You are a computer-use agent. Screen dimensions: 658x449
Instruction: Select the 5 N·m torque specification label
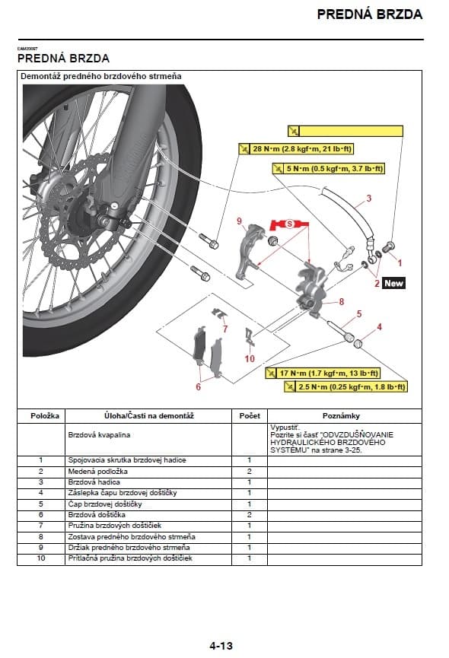tap(327, 168)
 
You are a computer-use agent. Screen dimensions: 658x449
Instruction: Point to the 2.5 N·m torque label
tap(344, 387)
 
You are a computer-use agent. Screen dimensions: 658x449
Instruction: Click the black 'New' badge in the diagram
tap(393, 283)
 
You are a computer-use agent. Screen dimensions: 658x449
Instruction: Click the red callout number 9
tap(239, 221)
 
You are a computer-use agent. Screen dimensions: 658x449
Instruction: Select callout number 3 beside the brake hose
tap(368, 199)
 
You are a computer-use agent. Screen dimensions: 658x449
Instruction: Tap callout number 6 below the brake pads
tap(199, 386)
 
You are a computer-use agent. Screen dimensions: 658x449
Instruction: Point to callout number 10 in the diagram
tap(250, 358)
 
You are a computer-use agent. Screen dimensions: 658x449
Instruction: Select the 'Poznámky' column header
tap(341, 416)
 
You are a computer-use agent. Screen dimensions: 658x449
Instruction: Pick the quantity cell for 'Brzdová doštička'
tap(249, 515)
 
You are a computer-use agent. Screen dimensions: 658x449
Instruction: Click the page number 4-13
tap(221, 646)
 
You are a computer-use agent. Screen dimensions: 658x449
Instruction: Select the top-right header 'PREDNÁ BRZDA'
tap(369, 14)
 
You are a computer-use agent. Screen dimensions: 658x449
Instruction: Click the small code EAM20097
tap(27, 49)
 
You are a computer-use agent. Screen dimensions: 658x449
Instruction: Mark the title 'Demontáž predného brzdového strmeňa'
tap(100, 76)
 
